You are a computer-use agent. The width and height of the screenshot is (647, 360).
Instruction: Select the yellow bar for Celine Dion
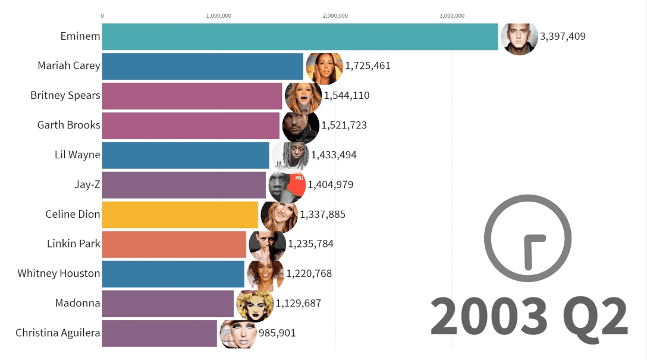180,214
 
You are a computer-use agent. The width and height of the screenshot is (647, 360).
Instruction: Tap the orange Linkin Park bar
174,244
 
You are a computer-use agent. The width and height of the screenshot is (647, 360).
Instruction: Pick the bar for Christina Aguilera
159,333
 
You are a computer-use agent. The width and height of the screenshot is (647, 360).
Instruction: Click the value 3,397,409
563,36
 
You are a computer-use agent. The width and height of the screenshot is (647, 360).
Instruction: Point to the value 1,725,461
368,66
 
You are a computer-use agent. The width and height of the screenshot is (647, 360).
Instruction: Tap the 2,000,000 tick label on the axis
335,15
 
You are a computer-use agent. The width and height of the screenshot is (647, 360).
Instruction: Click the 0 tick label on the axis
102,15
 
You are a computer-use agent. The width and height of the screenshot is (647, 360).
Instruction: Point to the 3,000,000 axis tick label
452,15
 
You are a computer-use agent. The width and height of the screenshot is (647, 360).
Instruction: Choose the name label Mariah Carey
69,66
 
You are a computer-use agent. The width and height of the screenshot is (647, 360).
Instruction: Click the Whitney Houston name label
59,274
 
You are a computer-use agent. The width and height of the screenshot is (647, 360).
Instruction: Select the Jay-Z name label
87,184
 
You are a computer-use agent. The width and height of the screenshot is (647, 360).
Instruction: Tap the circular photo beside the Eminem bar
519,37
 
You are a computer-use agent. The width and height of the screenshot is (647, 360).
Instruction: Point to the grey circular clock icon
528,239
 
